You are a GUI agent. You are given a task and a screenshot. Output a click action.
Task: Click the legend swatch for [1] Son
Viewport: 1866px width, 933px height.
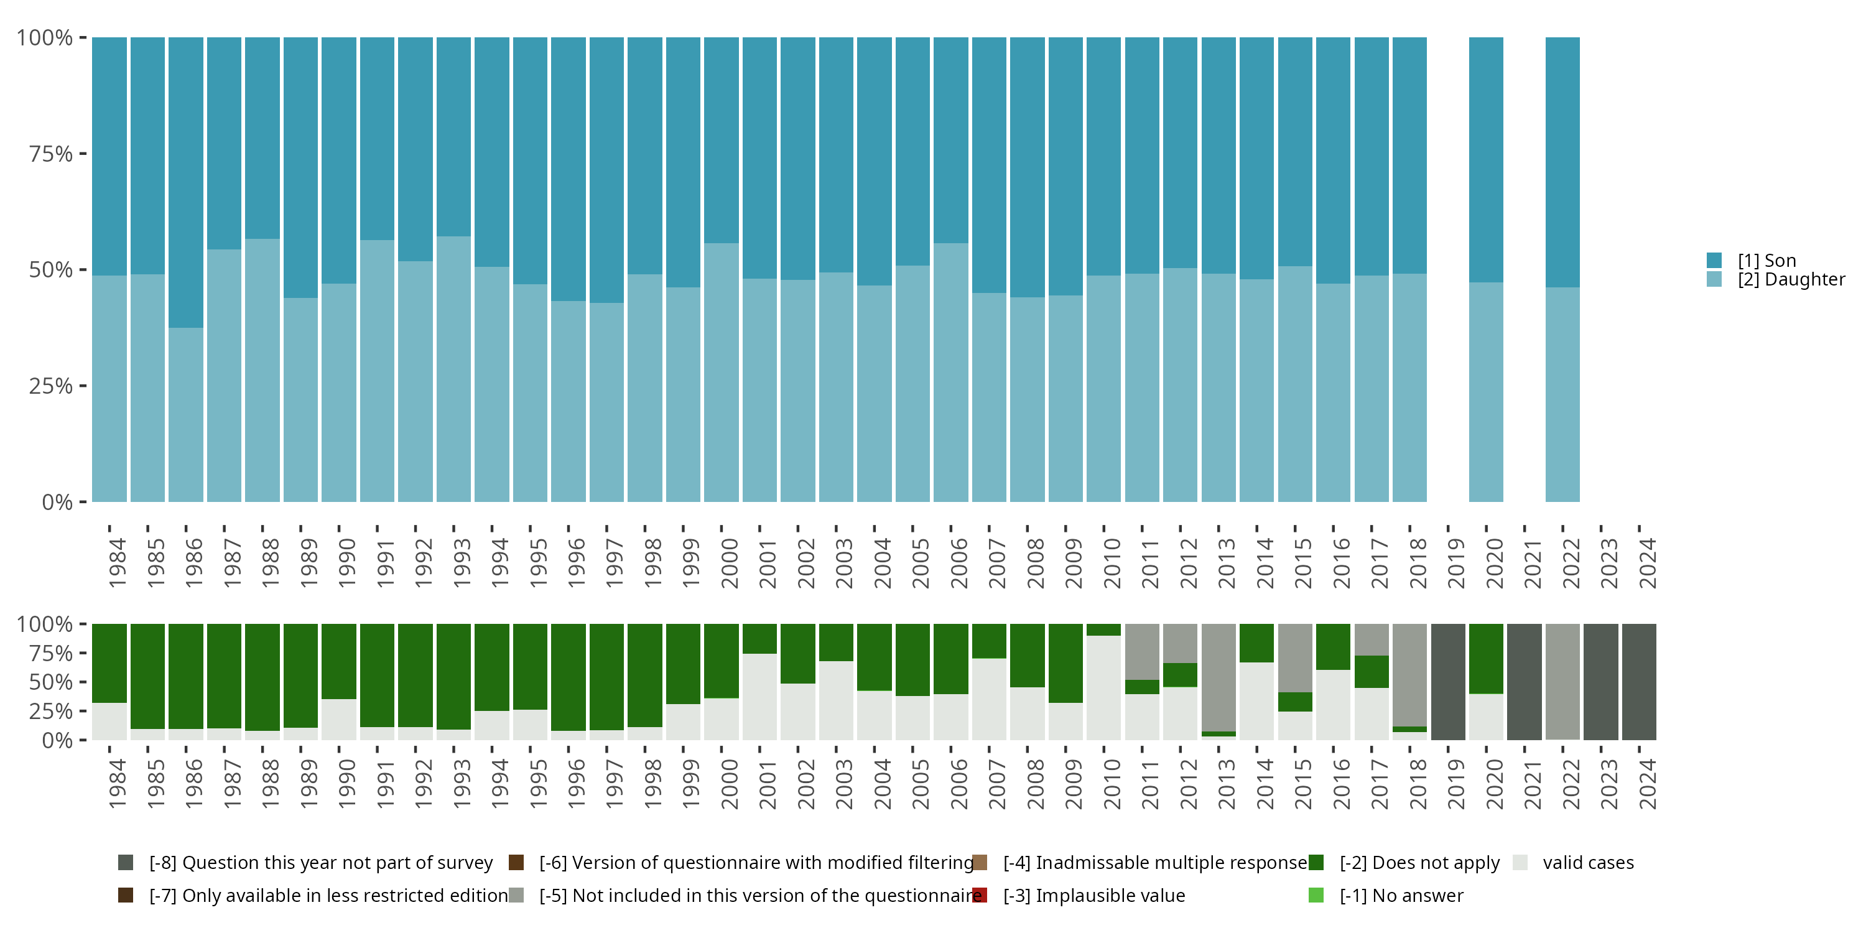tap(1714, 260)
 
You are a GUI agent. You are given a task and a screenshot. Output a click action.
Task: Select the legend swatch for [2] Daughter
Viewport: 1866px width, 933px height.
tap(1714, 279)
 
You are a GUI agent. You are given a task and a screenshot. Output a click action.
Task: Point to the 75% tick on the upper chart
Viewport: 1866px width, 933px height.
tap(51, 154)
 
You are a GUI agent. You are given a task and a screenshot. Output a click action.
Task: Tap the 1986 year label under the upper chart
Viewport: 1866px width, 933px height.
tap(193, 563)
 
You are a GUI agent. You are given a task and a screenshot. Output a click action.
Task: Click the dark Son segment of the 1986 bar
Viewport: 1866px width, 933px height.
tap(186, 181)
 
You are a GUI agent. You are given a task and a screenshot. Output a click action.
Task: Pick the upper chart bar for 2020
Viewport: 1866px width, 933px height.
tap(1486, 269)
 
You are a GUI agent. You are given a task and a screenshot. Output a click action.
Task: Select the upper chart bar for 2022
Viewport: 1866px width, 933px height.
tap(1562, 269)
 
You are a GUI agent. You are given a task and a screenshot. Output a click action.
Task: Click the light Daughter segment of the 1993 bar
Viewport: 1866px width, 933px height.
tap(453, 369)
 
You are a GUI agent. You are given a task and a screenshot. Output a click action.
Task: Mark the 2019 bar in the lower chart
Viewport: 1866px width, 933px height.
tap(1448, 682)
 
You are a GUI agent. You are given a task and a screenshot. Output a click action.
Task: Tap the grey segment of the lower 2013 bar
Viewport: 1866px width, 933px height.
tap(1218, 677)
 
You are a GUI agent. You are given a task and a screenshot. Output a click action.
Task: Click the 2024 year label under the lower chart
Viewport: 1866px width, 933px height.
tap(1647, 784)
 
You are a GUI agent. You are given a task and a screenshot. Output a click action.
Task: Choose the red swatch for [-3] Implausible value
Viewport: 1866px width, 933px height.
tap(980, 895)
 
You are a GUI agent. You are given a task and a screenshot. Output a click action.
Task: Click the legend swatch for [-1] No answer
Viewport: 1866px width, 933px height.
tap(1316, 895)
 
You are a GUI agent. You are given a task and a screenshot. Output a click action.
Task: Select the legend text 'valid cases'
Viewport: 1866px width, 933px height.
tap(1588, 863)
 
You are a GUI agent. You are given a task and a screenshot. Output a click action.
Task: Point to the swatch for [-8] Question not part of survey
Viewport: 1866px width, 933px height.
tap(125, 863)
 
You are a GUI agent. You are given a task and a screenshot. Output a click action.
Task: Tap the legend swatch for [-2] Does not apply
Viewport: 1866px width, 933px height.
tap(1316, 863)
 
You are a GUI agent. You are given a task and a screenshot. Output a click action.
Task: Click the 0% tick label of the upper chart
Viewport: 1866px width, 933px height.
tap(57, 502)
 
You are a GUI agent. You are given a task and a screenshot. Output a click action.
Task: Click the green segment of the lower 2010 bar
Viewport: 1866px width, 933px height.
tap(1103, 629)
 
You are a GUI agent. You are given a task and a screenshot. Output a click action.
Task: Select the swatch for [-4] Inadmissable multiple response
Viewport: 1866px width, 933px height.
tap(980, 863)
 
